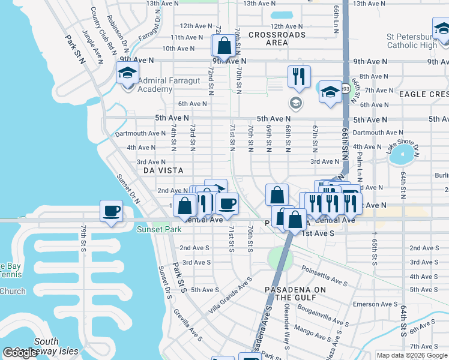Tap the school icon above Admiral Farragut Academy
127,74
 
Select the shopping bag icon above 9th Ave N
224,46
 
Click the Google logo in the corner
20,353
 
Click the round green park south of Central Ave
280,258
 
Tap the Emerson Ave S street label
372,304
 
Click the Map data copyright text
412,355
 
